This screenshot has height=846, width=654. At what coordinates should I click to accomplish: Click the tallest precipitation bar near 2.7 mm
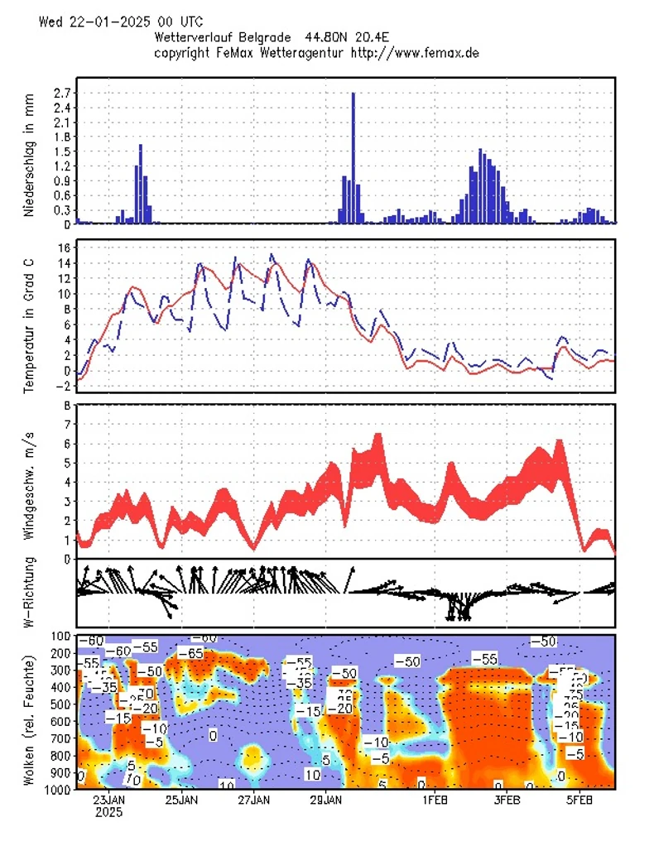353,157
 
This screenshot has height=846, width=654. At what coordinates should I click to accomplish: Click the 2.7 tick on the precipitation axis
62,93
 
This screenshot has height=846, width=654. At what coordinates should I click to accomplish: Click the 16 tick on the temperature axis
64,248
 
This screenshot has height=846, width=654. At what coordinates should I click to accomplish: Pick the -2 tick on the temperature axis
63,387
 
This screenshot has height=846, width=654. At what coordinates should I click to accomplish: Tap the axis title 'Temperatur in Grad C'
29,317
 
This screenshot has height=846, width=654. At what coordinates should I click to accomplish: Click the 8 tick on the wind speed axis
67,406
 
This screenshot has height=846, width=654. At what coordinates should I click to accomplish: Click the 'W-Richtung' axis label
29,594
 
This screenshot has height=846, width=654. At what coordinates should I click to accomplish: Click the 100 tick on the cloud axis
60,636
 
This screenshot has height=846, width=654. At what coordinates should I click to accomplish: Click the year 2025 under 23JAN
108,813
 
